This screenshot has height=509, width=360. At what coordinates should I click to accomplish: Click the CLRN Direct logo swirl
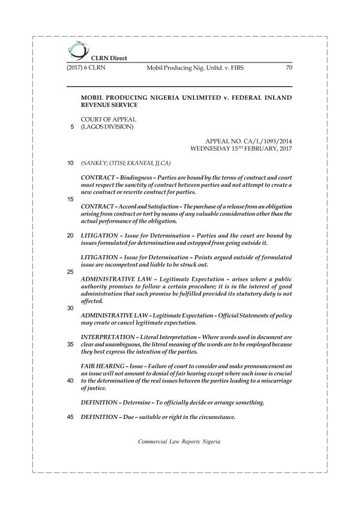pyautogui.click(x=77, y=48)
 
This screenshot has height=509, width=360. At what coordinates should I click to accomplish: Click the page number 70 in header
pyautogui.click(x=289, y=67)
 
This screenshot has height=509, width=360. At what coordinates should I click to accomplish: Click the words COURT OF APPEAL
pyautogui.click(x=104, y=119)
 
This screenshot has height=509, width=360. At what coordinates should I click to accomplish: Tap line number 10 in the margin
pyautogui.click(x=71, y=163)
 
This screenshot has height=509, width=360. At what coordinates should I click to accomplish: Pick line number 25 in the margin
pyautogui.click(x=71, y=272)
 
